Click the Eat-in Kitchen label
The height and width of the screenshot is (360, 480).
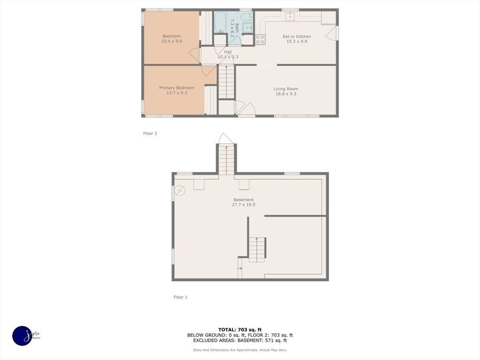(296, 37)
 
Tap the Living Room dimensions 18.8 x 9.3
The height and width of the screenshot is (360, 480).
(286, 94)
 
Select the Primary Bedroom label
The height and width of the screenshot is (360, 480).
(176, 88)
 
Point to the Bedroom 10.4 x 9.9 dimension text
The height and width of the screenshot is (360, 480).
(171, 41)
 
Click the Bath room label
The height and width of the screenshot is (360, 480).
(237, 28)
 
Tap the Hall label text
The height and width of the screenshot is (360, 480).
(228, 52)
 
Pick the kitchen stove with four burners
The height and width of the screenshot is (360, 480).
(260, 39)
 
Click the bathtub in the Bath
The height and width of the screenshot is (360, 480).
(220, 22)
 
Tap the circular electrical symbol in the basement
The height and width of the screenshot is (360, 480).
(180, 190)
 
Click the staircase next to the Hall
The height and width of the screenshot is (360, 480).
(226, 82)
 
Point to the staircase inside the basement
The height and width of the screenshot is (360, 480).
(257, 249)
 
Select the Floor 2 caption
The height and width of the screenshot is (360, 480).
(150, 134)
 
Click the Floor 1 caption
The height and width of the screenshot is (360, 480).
(180, 297)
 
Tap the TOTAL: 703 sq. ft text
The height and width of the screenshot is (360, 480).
(240, 330)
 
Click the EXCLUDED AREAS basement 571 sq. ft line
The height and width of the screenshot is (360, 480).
(240, 341)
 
